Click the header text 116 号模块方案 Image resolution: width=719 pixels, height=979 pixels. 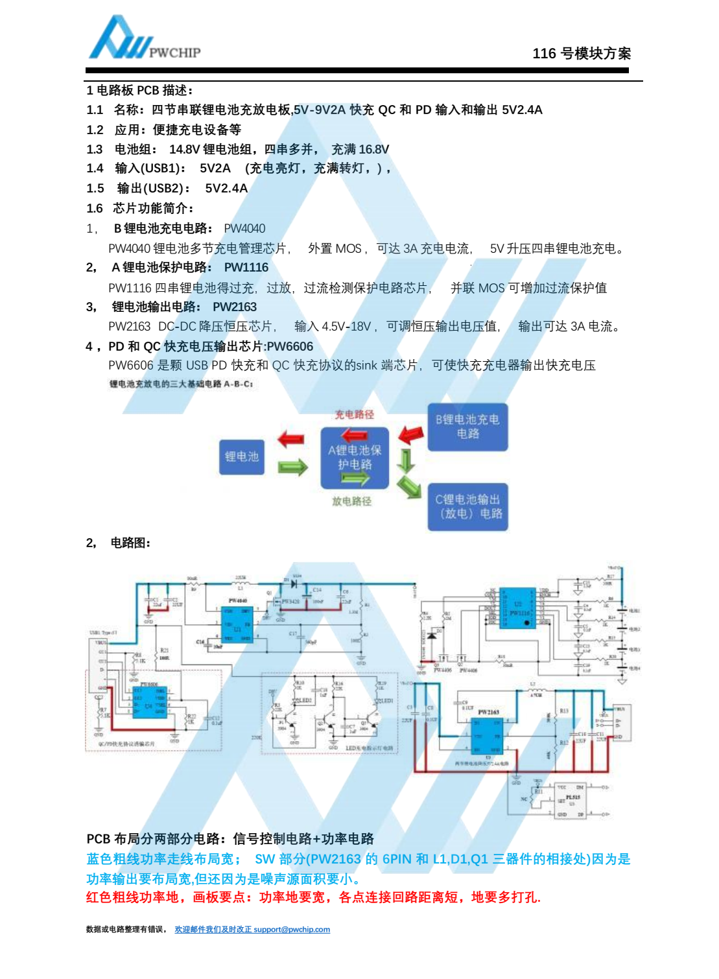[582, 54]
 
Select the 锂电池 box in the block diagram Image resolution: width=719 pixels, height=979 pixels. [242, 456]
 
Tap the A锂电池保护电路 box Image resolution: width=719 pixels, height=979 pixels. [355, 458]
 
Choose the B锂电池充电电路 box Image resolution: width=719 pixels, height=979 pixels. [467, 427]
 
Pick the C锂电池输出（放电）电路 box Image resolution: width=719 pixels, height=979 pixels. [468, 506]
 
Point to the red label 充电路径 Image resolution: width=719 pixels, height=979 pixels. [354, 415]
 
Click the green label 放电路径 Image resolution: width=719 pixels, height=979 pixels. [352, 501]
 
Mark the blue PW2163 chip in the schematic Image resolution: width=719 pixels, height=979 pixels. [488, 737]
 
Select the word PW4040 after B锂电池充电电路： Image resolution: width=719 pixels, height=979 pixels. [244, 228]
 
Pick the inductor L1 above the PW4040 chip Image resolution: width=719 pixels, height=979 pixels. [241, 584]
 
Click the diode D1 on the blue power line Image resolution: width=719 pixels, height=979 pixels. [292, 584]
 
